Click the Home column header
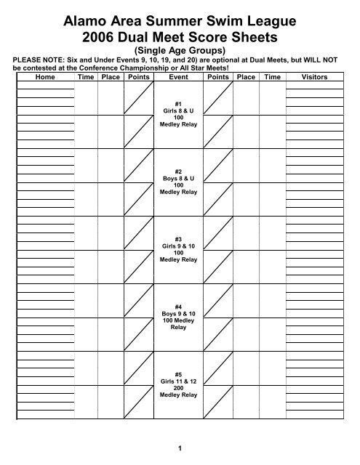pos(44,76)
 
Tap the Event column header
pos(179,76)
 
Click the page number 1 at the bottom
pos(179,446)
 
